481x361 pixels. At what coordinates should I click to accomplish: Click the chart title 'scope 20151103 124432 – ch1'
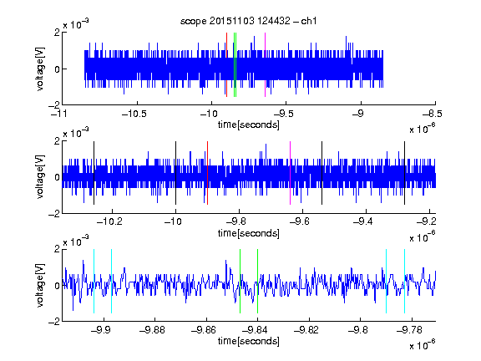(x=248, y=21)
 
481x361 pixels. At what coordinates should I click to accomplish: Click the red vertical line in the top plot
(x=226, y=65)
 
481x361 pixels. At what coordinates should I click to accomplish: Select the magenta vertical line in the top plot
(x=265, y=65)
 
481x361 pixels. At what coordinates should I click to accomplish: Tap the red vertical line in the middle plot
(x=208, y=173)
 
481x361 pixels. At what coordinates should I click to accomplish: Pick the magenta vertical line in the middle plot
(x=291, y=173)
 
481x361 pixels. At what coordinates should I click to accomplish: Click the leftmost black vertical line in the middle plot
(x=94, y=173)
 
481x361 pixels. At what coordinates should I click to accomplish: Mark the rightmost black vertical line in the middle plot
(x=405, y=173)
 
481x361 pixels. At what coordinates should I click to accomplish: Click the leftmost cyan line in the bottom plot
(x=94, y=281)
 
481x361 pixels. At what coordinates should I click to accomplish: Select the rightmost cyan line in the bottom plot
(x=405, y=281)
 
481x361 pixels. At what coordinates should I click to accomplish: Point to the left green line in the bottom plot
(x=240, y=281)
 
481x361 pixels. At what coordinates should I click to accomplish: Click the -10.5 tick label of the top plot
(x=134, y=114)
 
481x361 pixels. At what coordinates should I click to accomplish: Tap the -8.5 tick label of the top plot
(x=432, y=114)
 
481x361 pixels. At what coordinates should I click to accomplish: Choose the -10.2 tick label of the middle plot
(x=109, y=221)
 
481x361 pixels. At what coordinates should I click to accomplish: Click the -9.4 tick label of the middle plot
(x=363, y=221)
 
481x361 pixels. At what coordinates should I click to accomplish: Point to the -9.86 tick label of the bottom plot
(x=204, y=330)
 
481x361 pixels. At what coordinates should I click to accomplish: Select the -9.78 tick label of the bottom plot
(x=409, y=330)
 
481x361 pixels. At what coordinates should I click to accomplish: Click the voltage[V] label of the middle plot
(x=40, y=177)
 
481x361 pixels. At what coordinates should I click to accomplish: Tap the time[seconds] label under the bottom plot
(x=249, y=341)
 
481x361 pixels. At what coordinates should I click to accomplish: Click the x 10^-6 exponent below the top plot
(x=423, y=129)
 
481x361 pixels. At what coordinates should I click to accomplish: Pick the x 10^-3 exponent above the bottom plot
(x=76, y=241)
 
